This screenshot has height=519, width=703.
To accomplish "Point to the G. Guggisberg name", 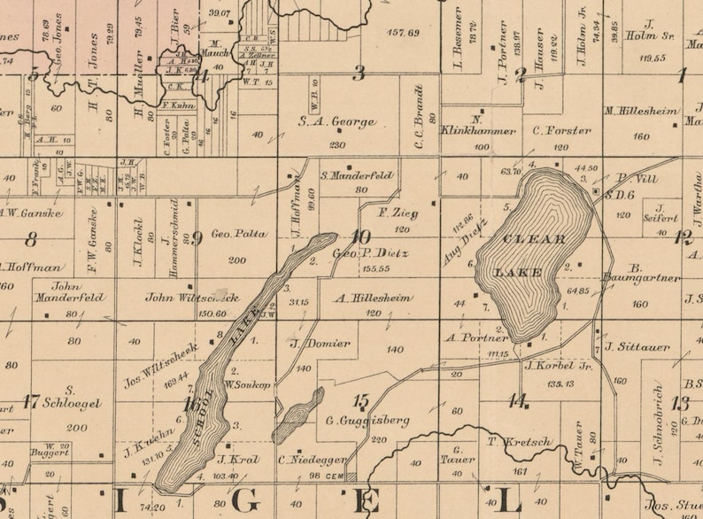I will tap(354, 421).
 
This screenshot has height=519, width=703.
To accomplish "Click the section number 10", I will tap(359, 237).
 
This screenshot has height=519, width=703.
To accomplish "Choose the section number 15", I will tap(359, 400).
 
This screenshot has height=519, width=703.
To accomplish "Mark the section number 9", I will tap(197, 237).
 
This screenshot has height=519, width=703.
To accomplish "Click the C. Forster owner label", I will tap(561, 130).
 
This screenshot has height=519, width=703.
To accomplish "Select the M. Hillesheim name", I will tap(642, 112).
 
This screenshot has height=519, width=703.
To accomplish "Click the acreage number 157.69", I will tap(403, 33).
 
